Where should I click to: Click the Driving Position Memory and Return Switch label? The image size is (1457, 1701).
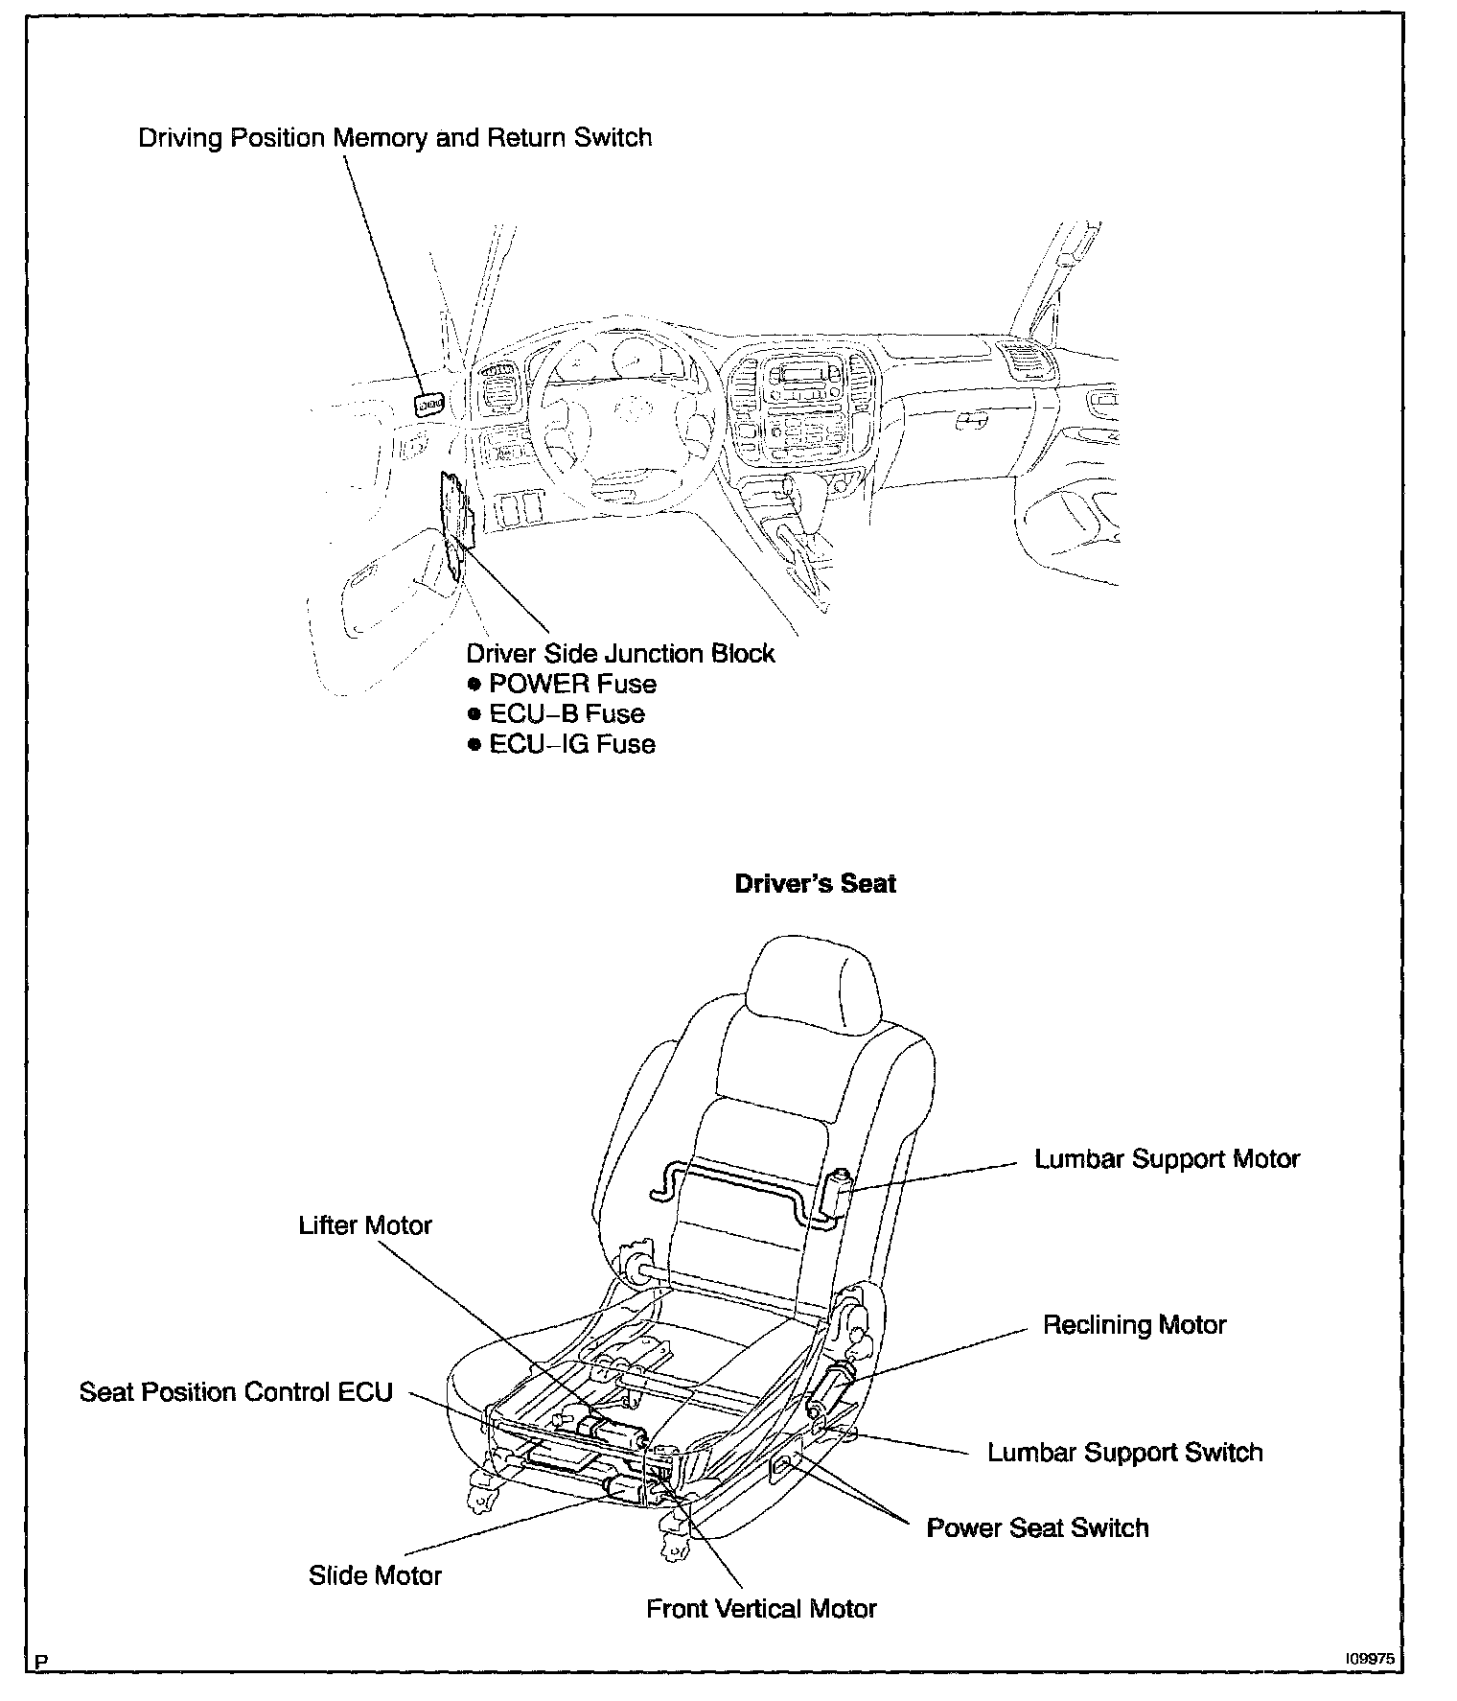coord(395,138)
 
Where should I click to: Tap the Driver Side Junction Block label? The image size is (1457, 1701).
coord(620,654)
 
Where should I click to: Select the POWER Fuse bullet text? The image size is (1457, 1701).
coord(572,685)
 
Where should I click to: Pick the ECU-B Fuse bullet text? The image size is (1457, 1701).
coord(567,714)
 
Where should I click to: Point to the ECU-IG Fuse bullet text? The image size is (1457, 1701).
coord(571,745)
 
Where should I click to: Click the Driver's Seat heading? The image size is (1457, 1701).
coord(815,884)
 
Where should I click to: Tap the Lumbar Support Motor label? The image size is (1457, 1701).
coord(1167,1159)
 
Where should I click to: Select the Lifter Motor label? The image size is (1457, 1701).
coord(365,1225)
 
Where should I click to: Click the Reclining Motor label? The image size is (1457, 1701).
coord(1134,1325)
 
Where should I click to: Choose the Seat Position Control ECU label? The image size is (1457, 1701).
coord(236,1392)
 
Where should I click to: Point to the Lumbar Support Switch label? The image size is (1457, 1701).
coord(1124,1453)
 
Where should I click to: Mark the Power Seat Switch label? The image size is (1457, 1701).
coord(1037,1528)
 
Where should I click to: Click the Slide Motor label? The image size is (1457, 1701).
coord(375,1576)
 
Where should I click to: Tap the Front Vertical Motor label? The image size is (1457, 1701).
coord(761,1609)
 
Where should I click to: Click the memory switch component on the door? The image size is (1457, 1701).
coord(429,405)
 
